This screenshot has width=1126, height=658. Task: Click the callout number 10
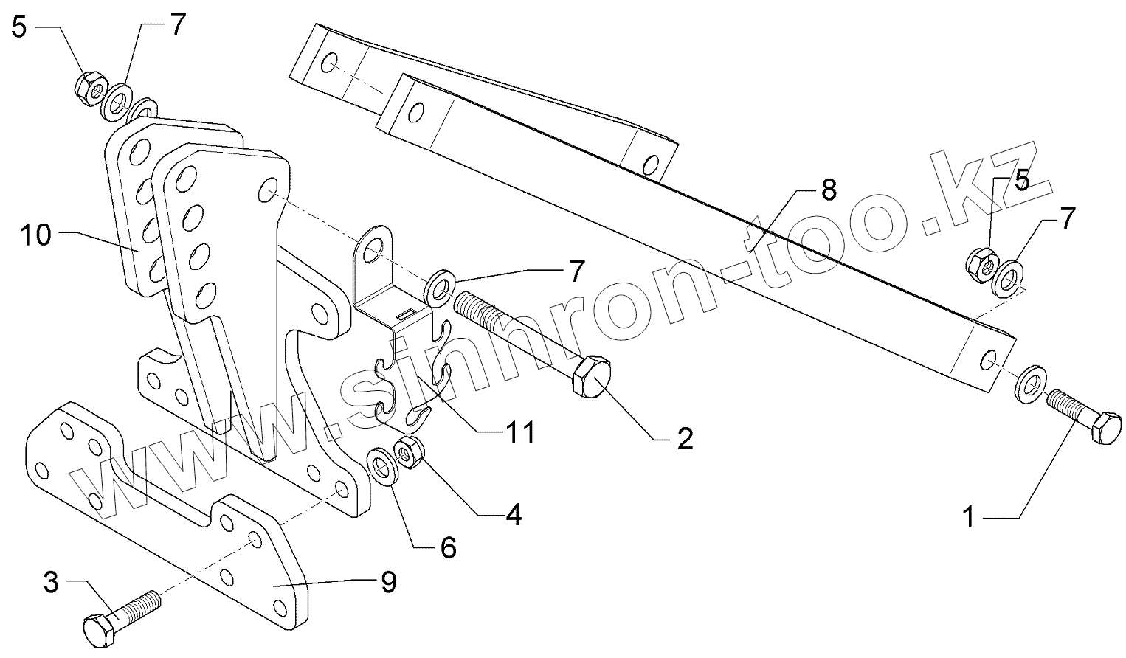coord(35,236)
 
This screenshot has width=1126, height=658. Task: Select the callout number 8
coord(829,190)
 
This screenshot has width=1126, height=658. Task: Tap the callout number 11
coord(519,432)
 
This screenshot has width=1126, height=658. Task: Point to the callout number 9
coord(388,582)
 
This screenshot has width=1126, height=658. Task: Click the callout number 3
coord(50,583)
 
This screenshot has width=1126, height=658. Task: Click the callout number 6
coord(448,547)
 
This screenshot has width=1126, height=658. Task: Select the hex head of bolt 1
coord(1105,429)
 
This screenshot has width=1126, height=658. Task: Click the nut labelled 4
coord(408,450)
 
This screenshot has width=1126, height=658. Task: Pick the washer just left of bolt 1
coord(1029,382)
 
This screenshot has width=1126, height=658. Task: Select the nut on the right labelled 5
coord(981,262)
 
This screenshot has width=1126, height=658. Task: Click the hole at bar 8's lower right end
coord(989,359)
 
